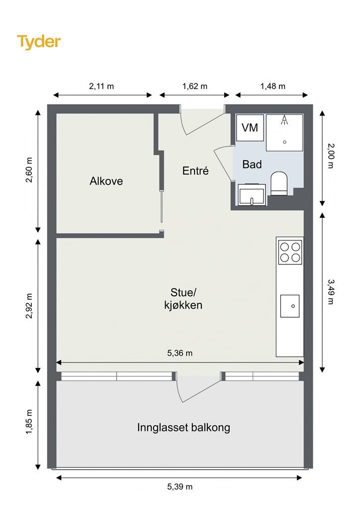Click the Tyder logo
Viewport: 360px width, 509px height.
[x=39, y=42]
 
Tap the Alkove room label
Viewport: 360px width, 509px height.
[x=106, y=181]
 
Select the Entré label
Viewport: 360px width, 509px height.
[x=195, y=171]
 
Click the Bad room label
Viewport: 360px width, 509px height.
[x=252, y=164]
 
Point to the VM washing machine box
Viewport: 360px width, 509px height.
[x=250, y=128]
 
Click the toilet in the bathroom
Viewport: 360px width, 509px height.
[x=279, y=183]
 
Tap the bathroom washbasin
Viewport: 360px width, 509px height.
[x=252, y=195]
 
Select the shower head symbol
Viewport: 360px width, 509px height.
[x=285, y=120]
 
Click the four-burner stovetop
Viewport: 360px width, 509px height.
[x=290, y=252]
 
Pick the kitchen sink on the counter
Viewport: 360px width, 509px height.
[x=290, y=306]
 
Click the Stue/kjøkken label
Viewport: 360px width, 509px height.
[x=183, y=299]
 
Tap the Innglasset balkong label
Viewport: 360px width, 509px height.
[x=184, y=427]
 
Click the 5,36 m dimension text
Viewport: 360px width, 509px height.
[x=180, y=353]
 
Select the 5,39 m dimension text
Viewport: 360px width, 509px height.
[x=180, y=487]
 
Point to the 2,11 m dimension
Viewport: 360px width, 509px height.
[x=101, y=86]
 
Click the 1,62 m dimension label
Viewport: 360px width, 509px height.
[x=195, y=86]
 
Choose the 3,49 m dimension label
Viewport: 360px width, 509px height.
[x=331, y=292]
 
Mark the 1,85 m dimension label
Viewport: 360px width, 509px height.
[x=29, y=422]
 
